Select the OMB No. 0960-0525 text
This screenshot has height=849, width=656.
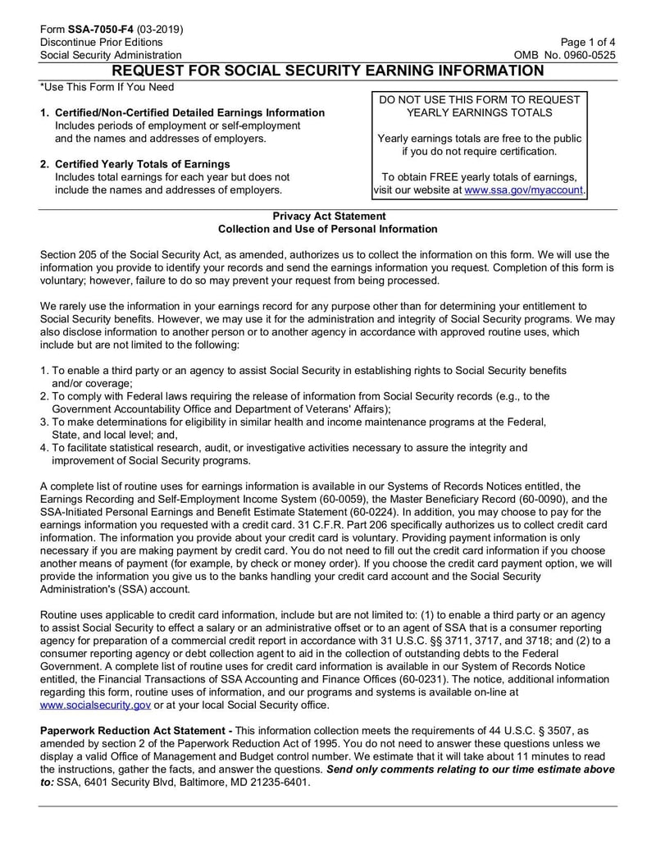click(565, 55)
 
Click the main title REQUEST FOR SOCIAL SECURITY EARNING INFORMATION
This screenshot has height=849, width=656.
click(328, 71)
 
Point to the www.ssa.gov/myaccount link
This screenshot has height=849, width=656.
click(523, 190)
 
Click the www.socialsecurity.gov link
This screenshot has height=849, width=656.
click(95, 705)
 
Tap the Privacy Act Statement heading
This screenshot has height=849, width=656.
click(328, 216)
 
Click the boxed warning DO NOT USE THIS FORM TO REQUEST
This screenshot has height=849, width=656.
click(480, 99)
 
